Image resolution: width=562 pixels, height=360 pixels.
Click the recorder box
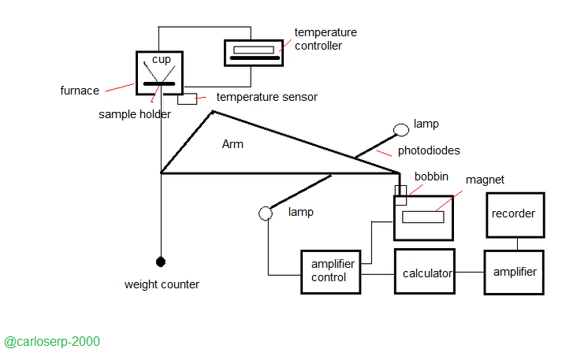click(x=514, y=213)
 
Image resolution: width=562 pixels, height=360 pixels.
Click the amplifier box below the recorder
click(x=514, y=272)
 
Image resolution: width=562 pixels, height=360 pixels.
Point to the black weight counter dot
click(x=161, y=262)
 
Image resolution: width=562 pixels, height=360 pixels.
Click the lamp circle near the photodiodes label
click(x=401, y=128)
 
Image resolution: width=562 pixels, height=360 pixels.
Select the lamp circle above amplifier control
click(x=266, y=213)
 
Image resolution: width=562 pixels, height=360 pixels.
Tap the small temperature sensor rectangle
click(x=187, y=99)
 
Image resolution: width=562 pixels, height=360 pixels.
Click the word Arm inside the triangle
click(x=233, y=144)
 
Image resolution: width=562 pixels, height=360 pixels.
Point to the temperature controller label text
click(x=326, y=39)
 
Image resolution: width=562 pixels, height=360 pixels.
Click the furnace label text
click(x=79, y=91)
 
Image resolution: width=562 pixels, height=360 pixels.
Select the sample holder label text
click(x=135, y=114)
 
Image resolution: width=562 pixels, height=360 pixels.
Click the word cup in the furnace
click(x=161, y=60)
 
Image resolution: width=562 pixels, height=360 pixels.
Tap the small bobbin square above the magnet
click(x=400, y=190)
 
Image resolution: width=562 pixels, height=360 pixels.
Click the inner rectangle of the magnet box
click(x=422, y=217)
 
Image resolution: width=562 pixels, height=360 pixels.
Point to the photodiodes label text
click(x=430, y=150)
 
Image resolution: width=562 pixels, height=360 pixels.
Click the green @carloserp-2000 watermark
click(x=52, y=342)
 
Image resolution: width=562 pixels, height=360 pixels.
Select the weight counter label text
click(x=162, y=284)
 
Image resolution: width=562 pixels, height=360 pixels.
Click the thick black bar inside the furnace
click(x=161, y=82)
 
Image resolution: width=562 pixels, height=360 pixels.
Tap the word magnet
click(x=485, y=180)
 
